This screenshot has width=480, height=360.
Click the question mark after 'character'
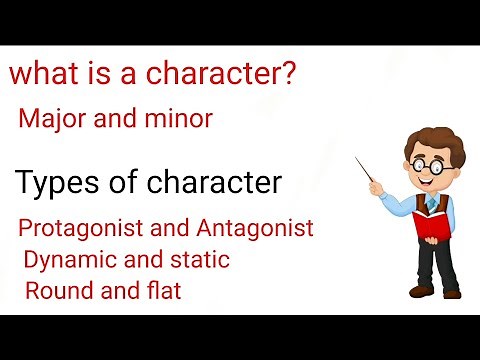pyautogui.click(x=288, y=76)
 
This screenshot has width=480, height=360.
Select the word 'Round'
pyautogui.click(x=57, y=292)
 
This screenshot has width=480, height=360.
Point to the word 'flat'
pyautogui.click(x=164, y=292)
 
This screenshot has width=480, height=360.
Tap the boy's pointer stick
pyautogui.click(x=369, y=174)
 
